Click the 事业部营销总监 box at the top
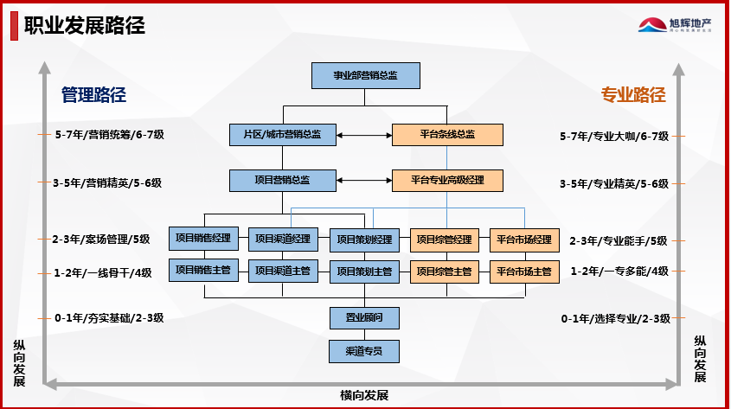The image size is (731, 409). (365, 75)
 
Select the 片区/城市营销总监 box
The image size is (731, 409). (282, 134)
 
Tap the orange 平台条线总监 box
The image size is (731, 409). (446, 134)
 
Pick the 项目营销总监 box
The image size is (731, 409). (282, 180)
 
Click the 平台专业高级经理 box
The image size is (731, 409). (446, 180)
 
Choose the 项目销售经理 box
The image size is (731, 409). (202, 239)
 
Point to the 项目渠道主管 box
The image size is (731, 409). (283, 271)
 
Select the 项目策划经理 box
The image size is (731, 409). (364, 240)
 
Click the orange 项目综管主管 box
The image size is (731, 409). (444, 271)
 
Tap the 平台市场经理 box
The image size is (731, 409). (524, 239)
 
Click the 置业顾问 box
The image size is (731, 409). (364, 317)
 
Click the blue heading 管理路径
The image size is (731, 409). (93, 95)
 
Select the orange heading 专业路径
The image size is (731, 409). (633, 95)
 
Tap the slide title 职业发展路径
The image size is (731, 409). (84, 25)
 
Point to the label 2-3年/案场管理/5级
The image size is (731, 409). (102, 240)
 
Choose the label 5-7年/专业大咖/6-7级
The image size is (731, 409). (614, 136)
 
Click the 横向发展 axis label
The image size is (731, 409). (364, 395)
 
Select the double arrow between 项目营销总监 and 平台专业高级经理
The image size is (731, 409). (363, 180)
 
